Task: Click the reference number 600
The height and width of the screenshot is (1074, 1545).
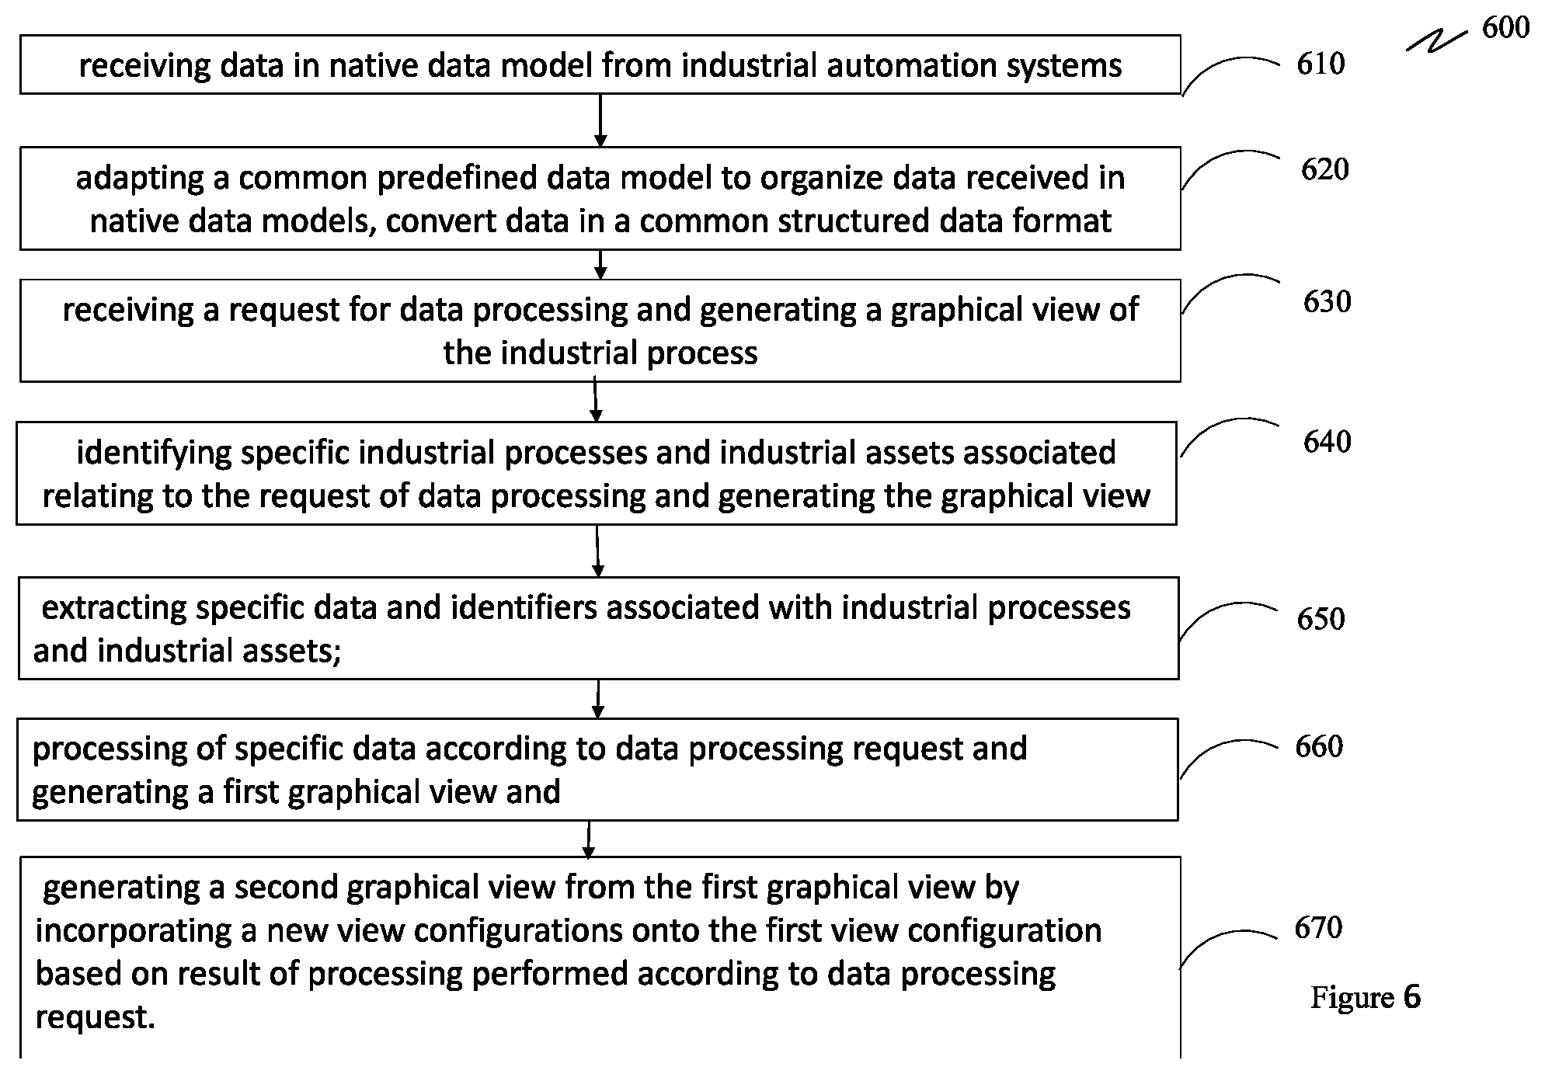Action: click(1505, 27)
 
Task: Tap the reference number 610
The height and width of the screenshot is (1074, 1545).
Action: click(1321, 64)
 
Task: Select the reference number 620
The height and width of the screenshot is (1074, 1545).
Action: click(1325, 169)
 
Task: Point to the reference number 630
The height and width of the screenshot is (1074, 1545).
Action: click(1328, 301)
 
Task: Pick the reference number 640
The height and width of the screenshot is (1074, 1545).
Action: click(1328, 442)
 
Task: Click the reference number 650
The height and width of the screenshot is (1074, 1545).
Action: click(1321, 619)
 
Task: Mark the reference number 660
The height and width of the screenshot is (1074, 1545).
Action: click(1319, 746)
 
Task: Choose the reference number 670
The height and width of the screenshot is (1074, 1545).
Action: click(1318, 927)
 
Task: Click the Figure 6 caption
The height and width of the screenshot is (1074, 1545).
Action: click(1366, 998)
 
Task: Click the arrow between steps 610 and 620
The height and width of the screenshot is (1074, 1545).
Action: click(600, 120)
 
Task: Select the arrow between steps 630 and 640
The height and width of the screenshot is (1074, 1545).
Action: click(596, 400)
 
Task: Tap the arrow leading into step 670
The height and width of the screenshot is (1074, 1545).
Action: click(589, 839)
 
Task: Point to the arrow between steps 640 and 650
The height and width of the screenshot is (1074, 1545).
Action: click(597, 551)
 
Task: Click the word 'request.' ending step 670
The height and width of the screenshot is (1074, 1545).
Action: click(96, 1017)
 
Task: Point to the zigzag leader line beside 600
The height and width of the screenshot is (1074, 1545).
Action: click(1436, 41)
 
